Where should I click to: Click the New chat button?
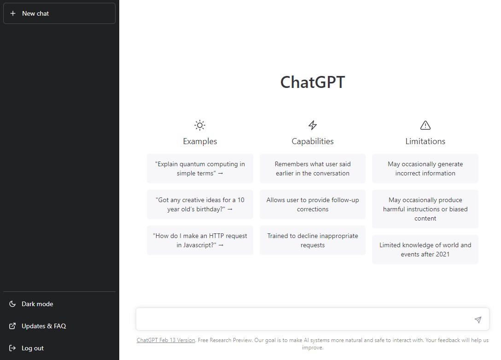59,13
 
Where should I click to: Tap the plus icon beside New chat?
13,13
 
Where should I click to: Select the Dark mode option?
37,304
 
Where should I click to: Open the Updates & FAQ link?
44,326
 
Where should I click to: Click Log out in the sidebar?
33,348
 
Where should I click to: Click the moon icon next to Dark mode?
12,304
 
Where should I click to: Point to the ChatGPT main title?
313,82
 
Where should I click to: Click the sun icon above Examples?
200,125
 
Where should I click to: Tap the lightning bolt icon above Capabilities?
313,125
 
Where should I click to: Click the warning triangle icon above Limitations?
425,125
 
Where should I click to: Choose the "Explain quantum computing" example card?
200,168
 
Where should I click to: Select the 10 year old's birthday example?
200,204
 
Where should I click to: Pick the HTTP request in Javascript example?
200,240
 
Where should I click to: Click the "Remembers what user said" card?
313,168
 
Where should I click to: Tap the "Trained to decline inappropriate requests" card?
313,240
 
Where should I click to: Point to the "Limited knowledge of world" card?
425,250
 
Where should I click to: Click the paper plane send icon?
478,319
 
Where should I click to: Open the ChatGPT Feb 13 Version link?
166,340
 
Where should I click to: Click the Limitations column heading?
425,141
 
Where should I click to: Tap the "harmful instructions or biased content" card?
425,209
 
